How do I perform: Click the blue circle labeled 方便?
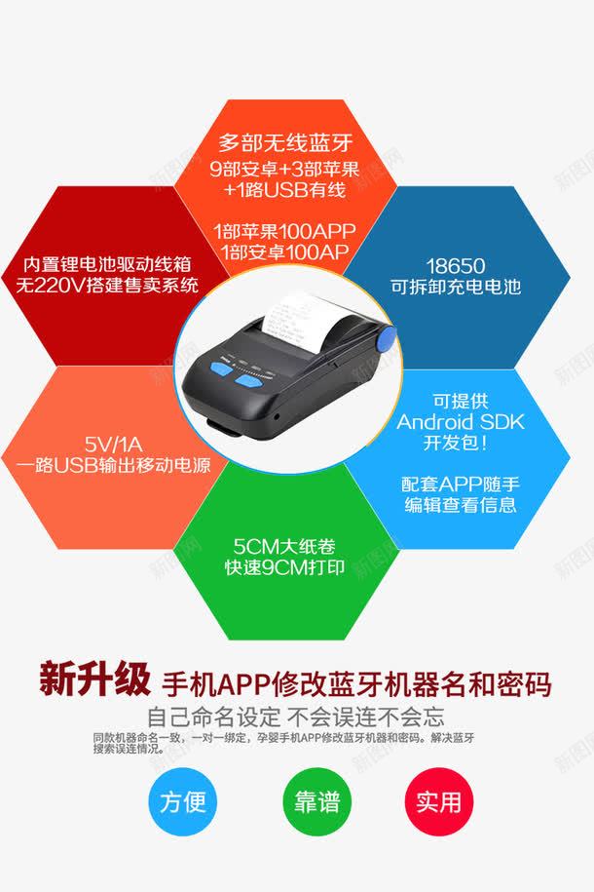click(x=182, y=801)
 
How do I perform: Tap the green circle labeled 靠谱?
click(x=316, y=801)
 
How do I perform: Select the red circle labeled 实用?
click(x=438, y=801)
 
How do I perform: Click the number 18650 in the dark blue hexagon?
click(x=456, y=266)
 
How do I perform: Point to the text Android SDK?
click(x=461, y=422)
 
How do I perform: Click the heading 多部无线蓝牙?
click(x=285, y=142)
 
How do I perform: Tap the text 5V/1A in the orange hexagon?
click(x=113, y=444)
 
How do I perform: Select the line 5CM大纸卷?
click(x=284, y=547)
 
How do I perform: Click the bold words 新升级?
click(x=94, y=679)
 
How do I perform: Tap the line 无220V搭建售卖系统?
click(x=107, y=285)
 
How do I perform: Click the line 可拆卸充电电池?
click(x=456, y=287)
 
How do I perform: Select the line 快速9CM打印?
click(x=284, y=567)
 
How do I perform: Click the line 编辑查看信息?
click(x=461, y=505)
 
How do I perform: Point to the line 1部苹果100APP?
click(x=284, y=231)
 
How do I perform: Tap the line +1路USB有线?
click(x=284, y=189)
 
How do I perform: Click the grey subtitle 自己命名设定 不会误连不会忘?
click(x=296, y=717)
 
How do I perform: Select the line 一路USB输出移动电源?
click(x=113, y=465)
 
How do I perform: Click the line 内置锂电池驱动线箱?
click(x=107, y=264)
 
